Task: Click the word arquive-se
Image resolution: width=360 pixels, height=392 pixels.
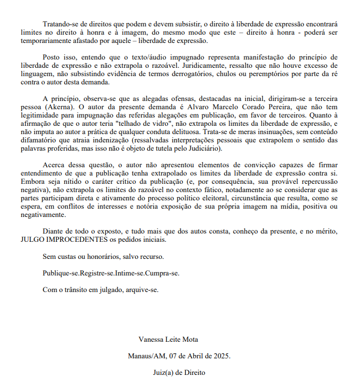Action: pyautogui.click(x=141, y=290)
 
